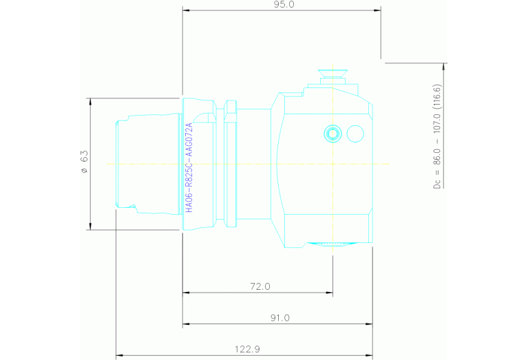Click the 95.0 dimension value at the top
283,5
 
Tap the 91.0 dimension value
279,318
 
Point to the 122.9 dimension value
246,350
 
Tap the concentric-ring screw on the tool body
332,133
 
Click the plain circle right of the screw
355,133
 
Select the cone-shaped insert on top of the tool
332,74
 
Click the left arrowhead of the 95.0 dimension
186,10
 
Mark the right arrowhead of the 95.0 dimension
378,10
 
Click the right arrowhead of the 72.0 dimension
330,293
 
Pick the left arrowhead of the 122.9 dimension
119,356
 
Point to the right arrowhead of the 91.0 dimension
369,324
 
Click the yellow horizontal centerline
248,164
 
